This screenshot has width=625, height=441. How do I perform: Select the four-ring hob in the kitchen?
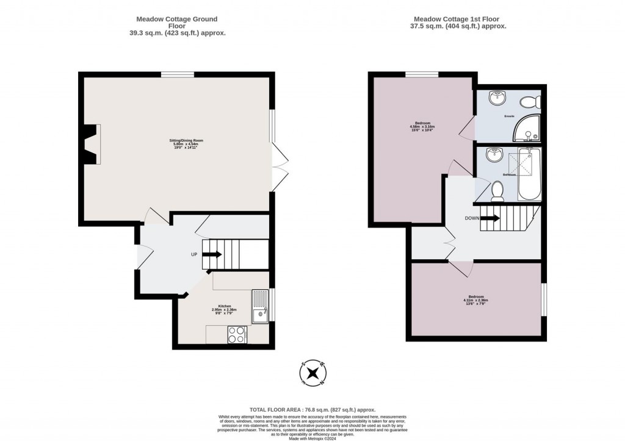[x=237, y=335]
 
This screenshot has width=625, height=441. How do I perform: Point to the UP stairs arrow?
[x=212, y=254]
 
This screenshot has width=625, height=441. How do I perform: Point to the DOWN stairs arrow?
[x=490, y=218]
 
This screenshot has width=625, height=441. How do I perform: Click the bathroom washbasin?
[x=493, y=155]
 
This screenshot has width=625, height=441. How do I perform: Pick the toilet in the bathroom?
[x=497, y=192]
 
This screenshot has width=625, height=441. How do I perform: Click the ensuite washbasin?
[x=497, y=97]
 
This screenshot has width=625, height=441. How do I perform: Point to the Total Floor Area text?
[x=312, y=410]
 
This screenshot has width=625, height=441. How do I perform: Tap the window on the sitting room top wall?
[x=178, y=74]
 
